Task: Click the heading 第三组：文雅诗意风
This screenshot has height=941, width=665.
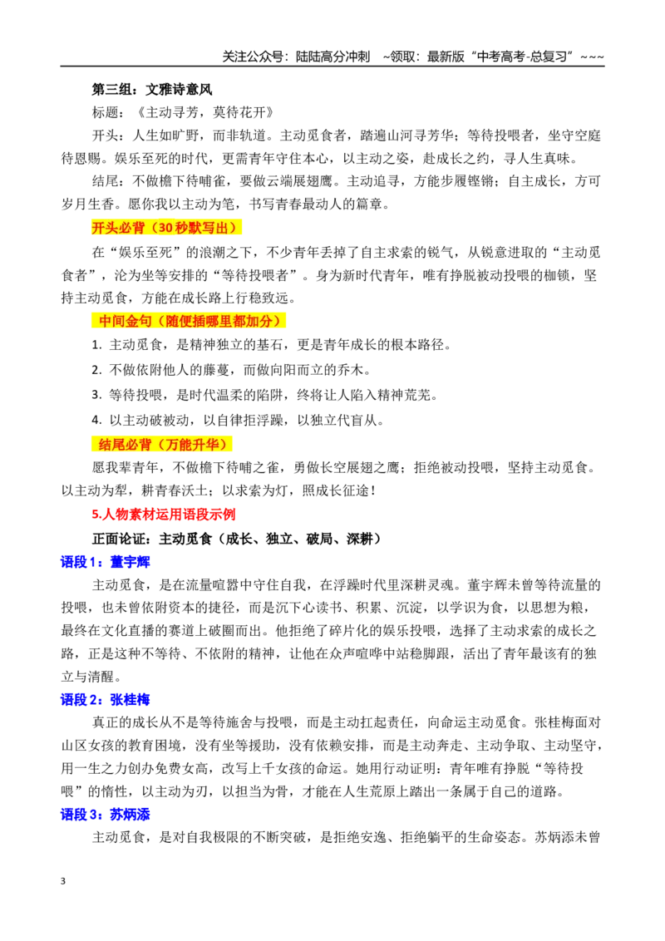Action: tap(152, 90)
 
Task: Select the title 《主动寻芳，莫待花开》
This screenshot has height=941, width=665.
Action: tap(204, 112)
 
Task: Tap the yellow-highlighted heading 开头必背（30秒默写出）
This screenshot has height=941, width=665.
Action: tap(166, 228)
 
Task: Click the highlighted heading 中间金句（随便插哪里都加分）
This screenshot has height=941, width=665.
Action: tap(190, 321)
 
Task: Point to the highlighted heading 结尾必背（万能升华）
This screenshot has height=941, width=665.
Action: tap(163, 445)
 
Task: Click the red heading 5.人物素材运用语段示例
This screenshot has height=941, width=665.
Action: tap(163, 515)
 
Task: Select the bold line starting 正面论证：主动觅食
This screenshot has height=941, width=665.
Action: tap(237, 539)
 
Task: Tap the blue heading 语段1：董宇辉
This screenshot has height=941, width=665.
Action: tap(105, 562)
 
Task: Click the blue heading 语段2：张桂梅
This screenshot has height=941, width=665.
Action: tap(105, 700)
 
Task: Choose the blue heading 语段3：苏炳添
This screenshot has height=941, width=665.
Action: tap(105, 815)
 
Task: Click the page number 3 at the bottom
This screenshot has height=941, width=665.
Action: tap(63, 881)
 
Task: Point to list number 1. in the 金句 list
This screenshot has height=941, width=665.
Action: tap(96, 345)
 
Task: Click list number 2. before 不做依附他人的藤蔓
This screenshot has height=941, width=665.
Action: tap(96, 370)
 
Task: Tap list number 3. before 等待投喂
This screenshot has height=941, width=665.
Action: tap(96, 396)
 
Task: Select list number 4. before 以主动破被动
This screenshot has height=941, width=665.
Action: tap(96, 421)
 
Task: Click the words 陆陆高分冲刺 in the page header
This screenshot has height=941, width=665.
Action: tap(332, 57)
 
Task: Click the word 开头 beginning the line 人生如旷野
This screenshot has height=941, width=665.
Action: tap(105, 135)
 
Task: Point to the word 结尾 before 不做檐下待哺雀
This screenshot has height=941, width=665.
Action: tap(105, 181)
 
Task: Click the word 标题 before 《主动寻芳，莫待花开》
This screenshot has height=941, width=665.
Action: tap(105, 112)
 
